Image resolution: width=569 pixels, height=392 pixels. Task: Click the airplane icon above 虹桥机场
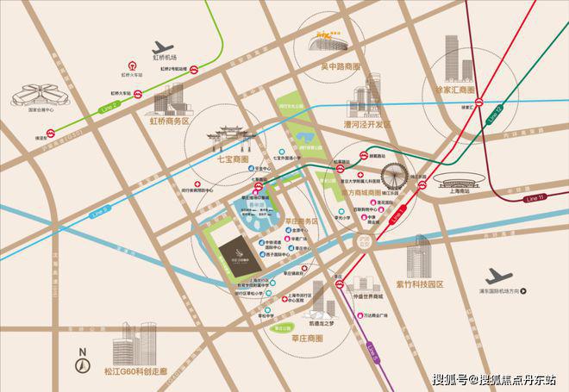(163, 47)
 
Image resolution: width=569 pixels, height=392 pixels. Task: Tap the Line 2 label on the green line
(109, 104)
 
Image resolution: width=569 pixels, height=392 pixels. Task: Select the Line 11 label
(535, 198)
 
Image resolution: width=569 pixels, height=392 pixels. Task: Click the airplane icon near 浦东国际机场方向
(497, 277)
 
